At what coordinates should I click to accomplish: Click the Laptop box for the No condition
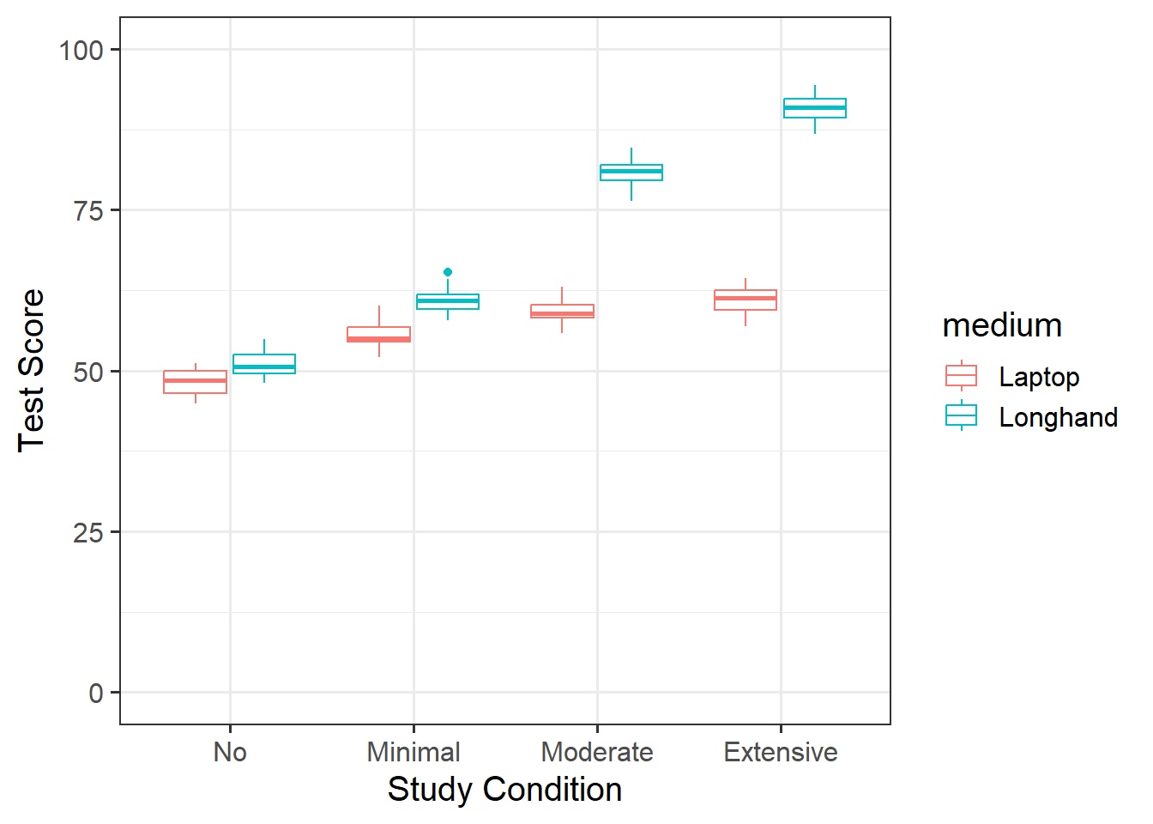[x=195, y=382]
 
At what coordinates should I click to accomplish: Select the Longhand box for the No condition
[x=264, y=364]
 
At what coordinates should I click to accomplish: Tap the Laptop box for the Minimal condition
[x=378, y=335]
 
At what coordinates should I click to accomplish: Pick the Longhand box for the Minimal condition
[x=448, y=301]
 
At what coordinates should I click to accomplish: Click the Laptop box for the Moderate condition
[x=562, y=312]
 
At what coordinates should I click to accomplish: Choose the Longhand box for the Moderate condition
[x=631, y=173]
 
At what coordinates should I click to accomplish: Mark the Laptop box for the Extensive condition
[x=746, y=300]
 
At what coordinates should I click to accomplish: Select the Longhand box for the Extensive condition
[x=815, y=108]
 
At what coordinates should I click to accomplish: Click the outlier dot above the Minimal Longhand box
[x=448, y=272]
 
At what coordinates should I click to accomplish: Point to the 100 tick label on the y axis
[x=81, y=50]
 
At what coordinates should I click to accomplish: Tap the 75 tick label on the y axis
[x=88, y=211]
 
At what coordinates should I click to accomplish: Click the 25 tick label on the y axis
[x=88, y=533]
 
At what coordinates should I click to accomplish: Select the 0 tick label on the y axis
[x=96, y=694]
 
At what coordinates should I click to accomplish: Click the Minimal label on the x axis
[x=414, y=752]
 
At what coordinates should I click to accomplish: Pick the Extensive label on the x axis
[x=781, y=752]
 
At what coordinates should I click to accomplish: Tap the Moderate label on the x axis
[x=597, y=752]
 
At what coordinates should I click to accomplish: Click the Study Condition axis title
[x=504, y=790]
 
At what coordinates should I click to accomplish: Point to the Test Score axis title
[x=31, y=370]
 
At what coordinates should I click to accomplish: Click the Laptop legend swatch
[x=961, y=376]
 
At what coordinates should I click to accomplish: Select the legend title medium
[x=1002, y=325]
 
